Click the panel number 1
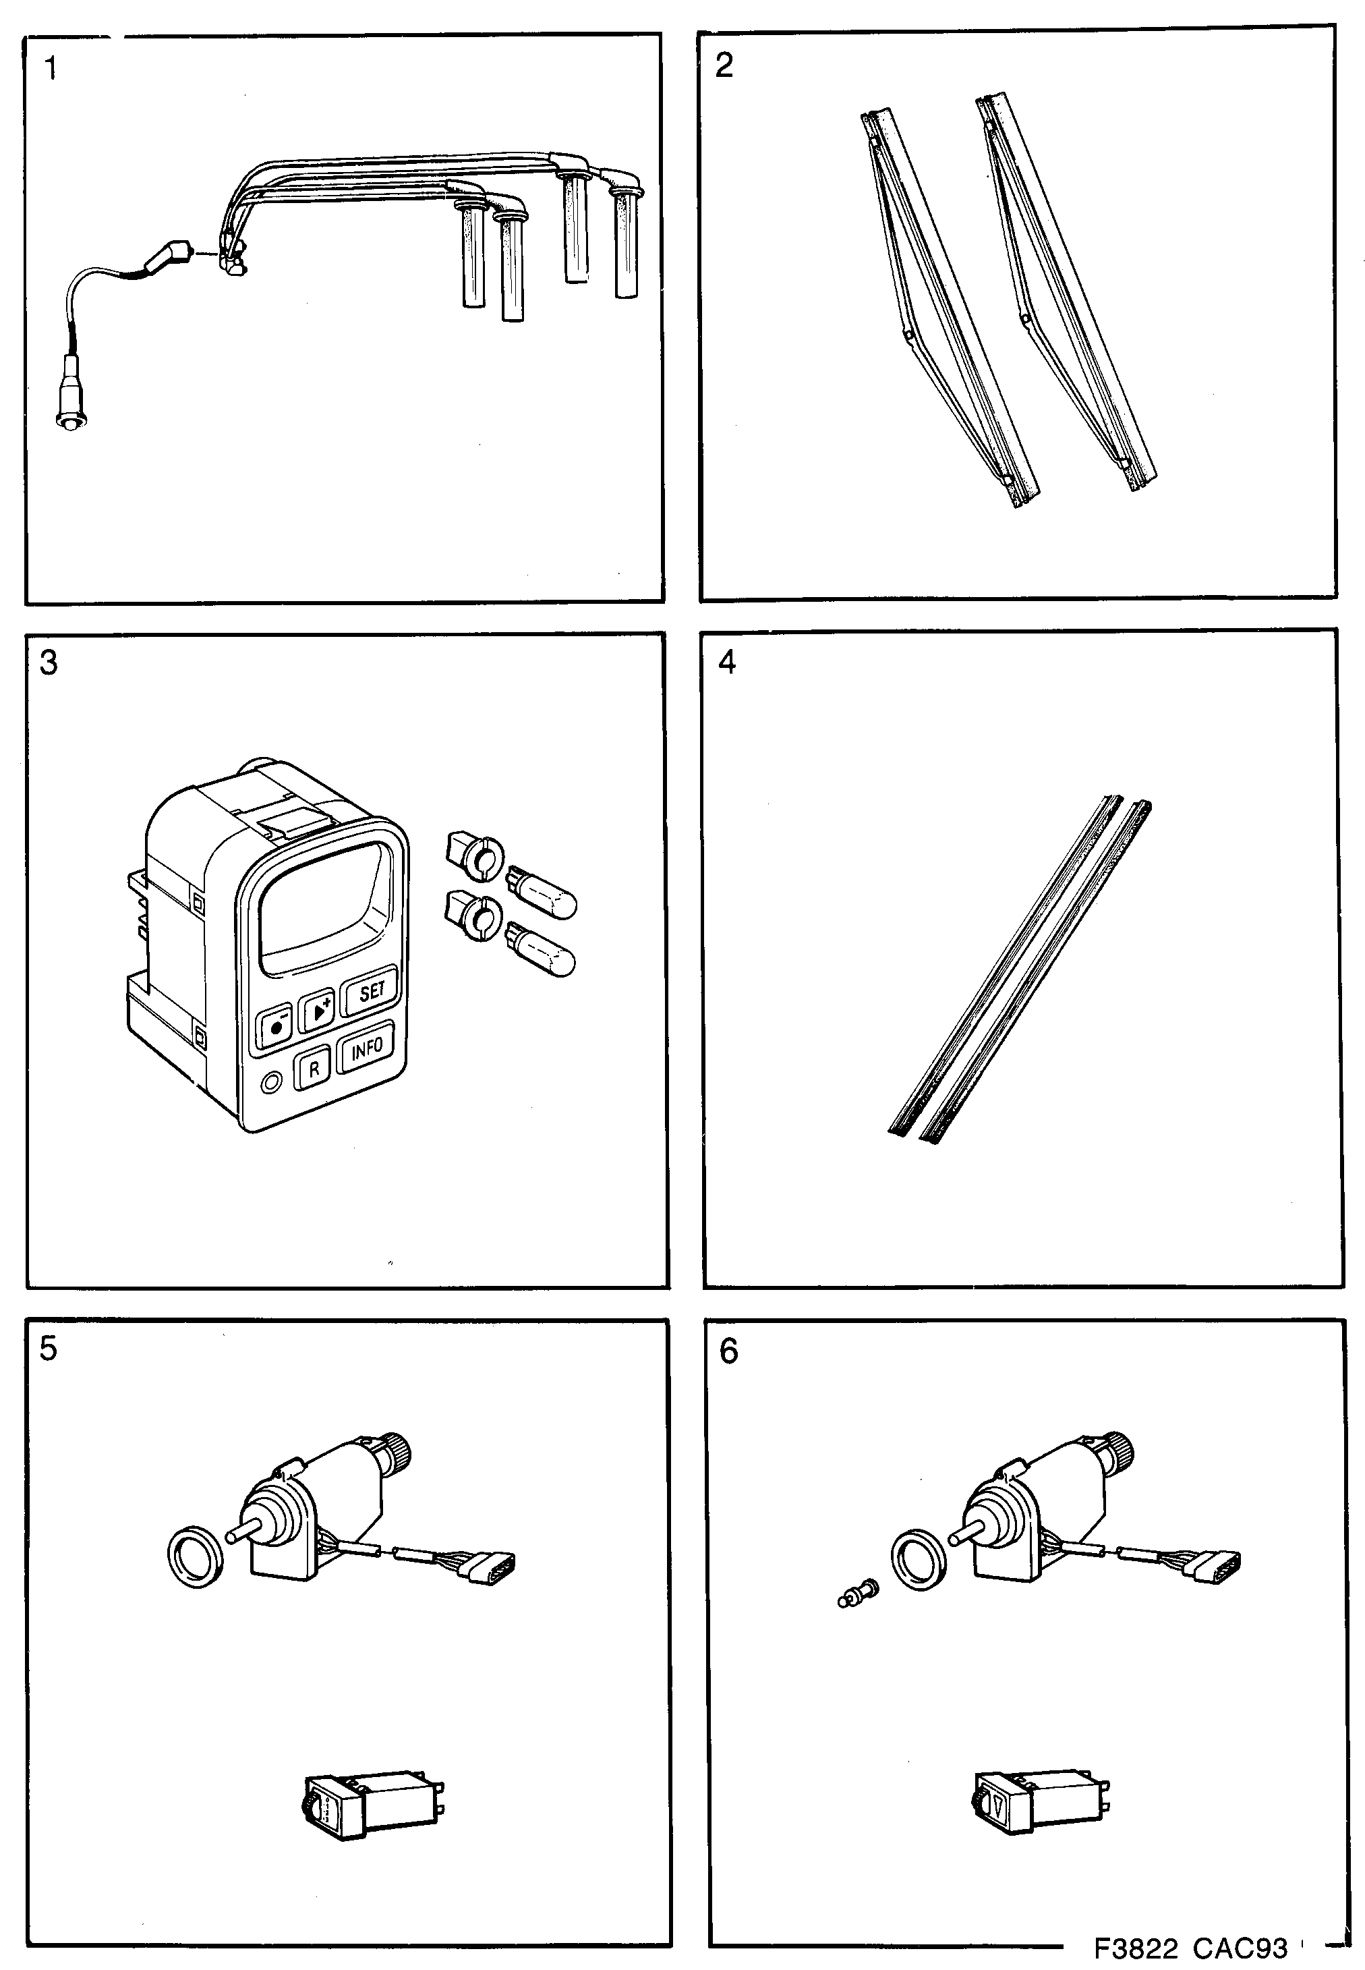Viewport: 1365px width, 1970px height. [x=51, y=68]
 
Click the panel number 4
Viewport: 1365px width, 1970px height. [x=727, y=662]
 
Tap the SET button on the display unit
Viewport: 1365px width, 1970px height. [x=370, y=992]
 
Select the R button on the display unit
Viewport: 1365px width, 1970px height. [x=314, y=1069]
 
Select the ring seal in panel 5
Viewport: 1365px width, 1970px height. [x=197, y=1557]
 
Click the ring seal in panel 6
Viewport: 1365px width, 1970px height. [x=919, y=1558]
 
